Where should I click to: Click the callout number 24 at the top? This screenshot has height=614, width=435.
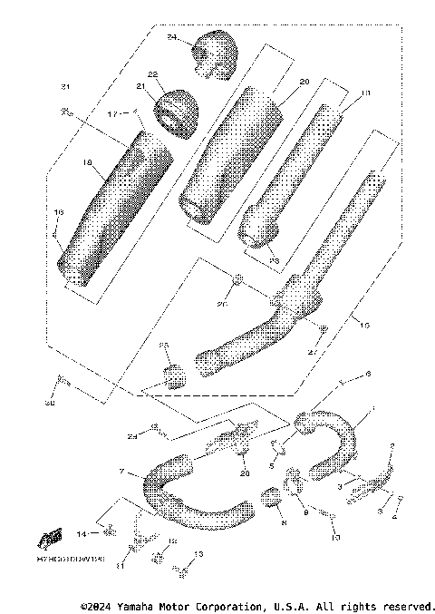(172, 38)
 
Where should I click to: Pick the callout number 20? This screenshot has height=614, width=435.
(304, 82)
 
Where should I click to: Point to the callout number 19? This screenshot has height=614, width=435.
(366, 93)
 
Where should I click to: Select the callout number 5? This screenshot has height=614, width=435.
(270, 466)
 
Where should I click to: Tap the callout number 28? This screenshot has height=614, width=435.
(243, 473)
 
